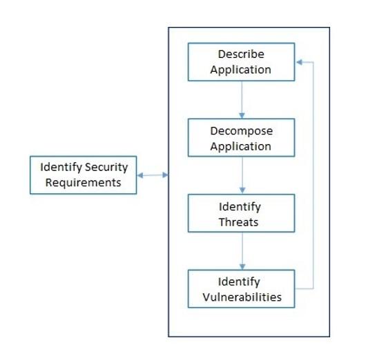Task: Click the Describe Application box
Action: click(x=241, y=61)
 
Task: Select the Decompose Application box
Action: click(x=241, y=138)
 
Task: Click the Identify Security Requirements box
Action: click(x=82, y=175)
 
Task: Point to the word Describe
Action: click(x=241, y=54)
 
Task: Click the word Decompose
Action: click(x=241, y=130)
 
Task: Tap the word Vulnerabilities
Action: click(x=241, y=297)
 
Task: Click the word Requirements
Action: click(x=82, y=183)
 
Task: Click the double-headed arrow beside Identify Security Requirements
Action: click(x=153, y=175)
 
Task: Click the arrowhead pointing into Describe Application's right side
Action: click(x=299, y=61)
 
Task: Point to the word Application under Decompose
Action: click(x=241, y=146)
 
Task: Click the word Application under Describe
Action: click(x=241, y=70)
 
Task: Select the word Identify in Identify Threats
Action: click(x=241, y=206)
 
